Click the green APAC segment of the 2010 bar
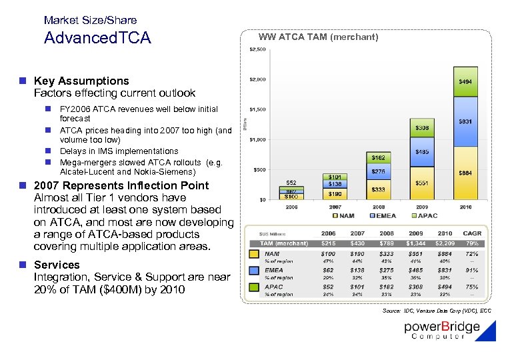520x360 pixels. (x=465, y=82)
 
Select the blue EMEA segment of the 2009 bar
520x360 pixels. (x=423, y=152)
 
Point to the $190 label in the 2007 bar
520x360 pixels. (x=335, y=194)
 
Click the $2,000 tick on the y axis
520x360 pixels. (x=257, y=79)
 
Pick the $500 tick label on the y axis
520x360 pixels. (x=259, y=169)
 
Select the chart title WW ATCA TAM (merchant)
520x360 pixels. (x=318, y=37)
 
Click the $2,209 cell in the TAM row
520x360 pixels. (x=445, y=243)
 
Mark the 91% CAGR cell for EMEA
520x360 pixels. (x=471, y=270)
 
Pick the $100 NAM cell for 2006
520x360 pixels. (x=328, y=253)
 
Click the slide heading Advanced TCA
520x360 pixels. (x=97, y=38)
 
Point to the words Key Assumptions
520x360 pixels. (x=81, y=81)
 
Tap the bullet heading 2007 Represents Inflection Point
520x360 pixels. (x=121, y=185)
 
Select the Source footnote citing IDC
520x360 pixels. (x=437, y=311)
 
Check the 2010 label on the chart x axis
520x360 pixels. (x=465, y=207)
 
